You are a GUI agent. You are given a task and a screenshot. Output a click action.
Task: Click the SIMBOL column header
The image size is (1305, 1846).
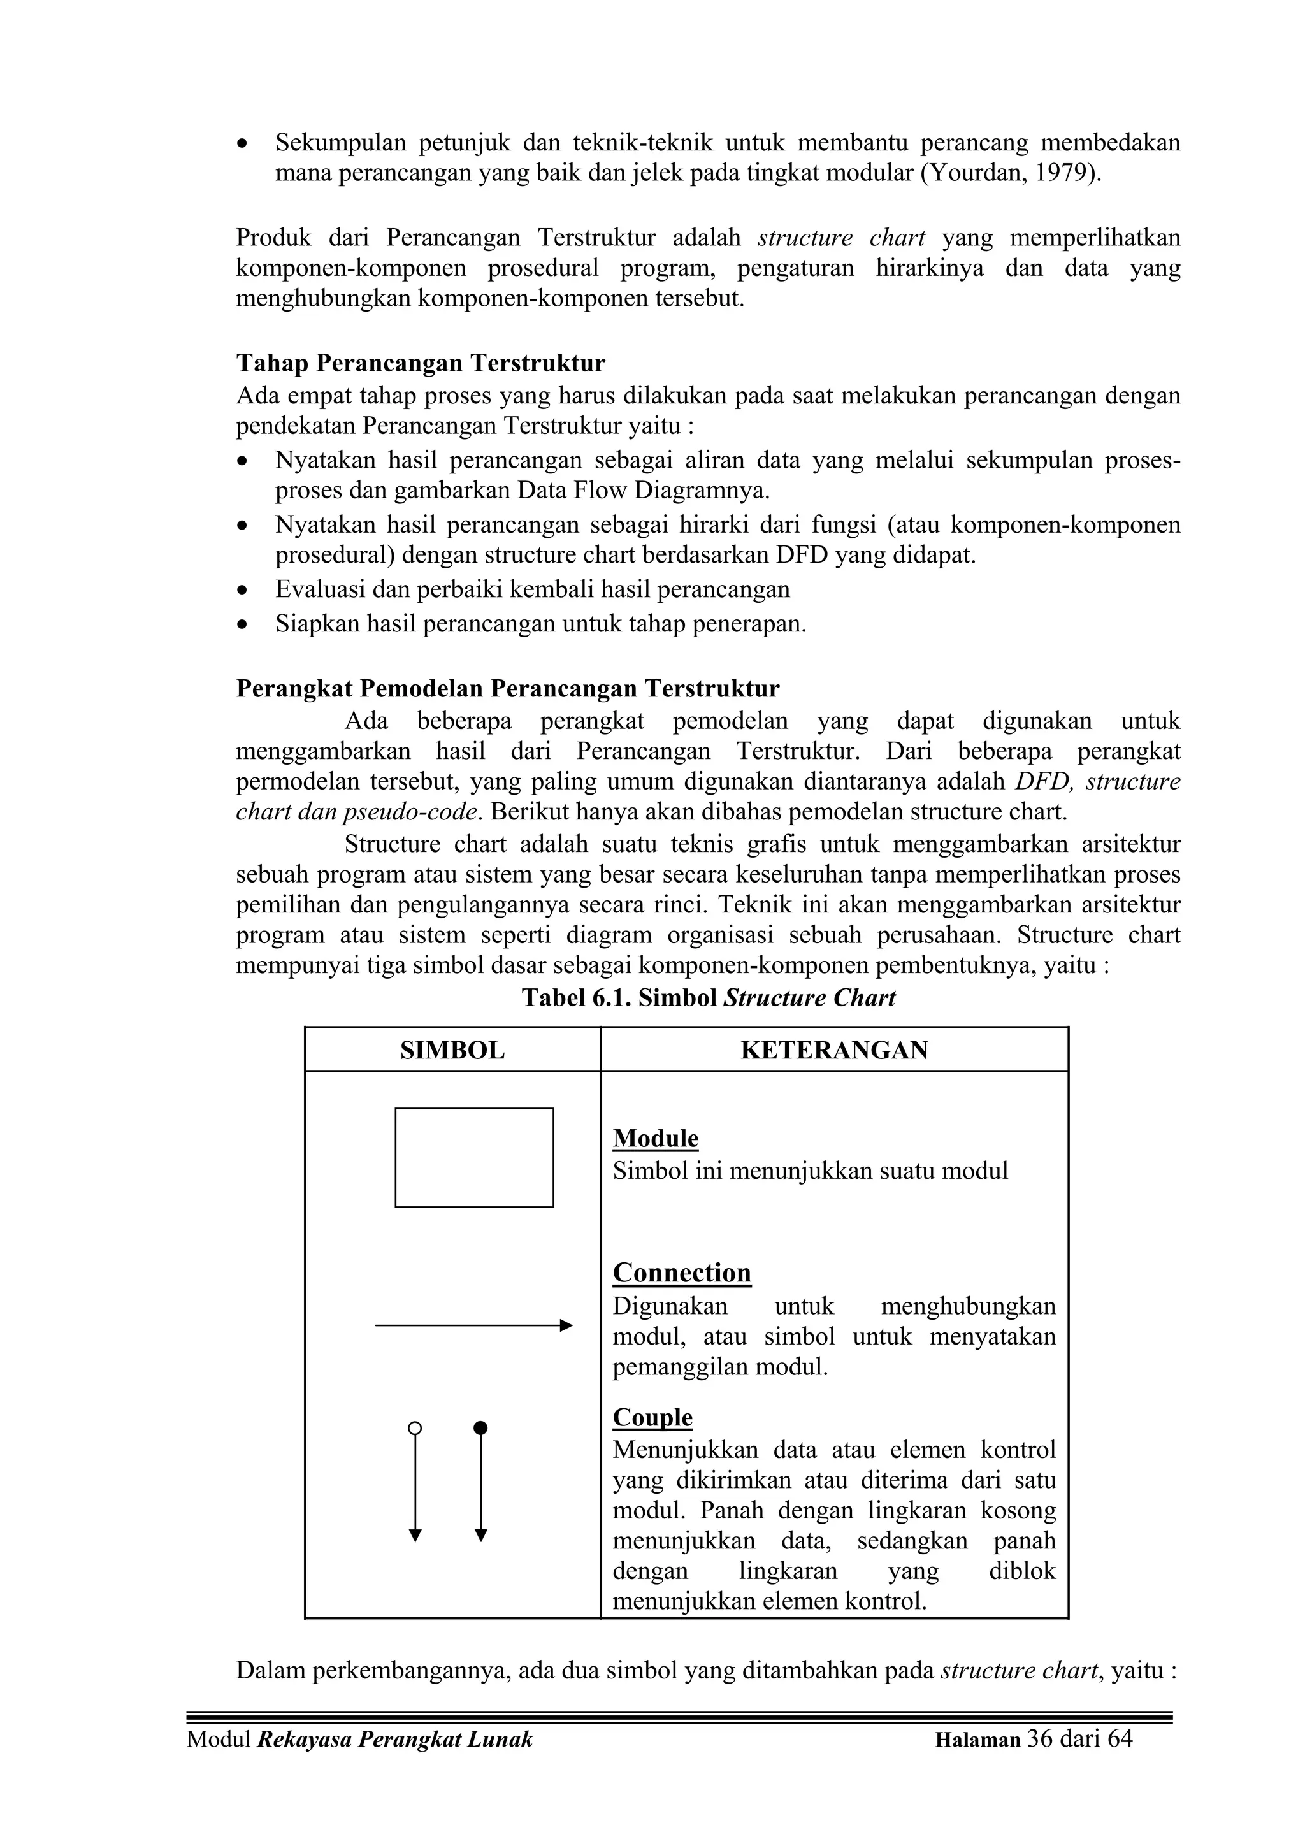point(452,1050)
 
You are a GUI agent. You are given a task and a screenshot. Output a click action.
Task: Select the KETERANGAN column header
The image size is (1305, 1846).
point(834,1050)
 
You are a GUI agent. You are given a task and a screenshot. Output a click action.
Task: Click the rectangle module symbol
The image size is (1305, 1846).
point(473,1158)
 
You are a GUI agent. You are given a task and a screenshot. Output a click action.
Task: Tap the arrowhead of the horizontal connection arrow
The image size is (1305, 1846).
point(566,1325)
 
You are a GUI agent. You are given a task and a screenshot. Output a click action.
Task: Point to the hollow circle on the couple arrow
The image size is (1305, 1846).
point(415,1429)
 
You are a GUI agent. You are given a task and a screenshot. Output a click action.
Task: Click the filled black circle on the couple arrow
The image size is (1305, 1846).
point(481,1429)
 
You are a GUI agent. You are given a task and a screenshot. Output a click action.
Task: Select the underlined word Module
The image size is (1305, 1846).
point(655,1139)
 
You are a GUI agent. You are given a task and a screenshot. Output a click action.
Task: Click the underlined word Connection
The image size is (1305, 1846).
point(682,1273)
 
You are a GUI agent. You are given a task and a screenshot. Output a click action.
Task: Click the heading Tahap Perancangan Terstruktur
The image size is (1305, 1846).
point(421,363)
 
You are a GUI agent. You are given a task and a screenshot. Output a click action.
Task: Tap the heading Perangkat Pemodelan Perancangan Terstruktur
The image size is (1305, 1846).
point(507,689)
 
